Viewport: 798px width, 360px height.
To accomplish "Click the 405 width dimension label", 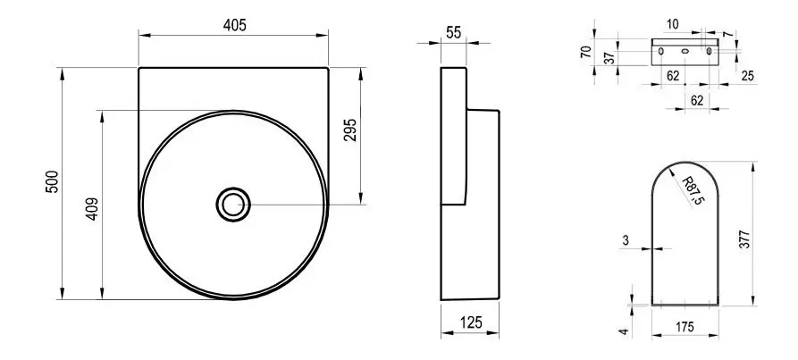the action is pyautogui.click(x=234, y=25).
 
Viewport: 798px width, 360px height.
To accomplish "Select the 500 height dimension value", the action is pyautogui.click(x=52, y=181).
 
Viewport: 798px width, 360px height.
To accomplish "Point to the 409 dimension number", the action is pyautogui.click(x=92, y=208).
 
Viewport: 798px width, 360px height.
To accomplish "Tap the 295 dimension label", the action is pyautogui.click(x=350, y=130).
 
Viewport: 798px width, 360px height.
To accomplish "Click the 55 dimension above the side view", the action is pyautogui.click(x=453, y=32).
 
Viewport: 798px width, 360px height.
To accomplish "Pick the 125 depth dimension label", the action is pyautogui.click(x=471, y=322).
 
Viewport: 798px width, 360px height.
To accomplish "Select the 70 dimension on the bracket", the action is pyautogui.click(x=586, y=51).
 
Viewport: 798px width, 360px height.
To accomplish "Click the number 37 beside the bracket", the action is pyautogui.click(x=609, y=57).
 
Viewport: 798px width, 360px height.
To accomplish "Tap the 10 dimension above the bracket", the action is pyautogui.click(x=672, y=24).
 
